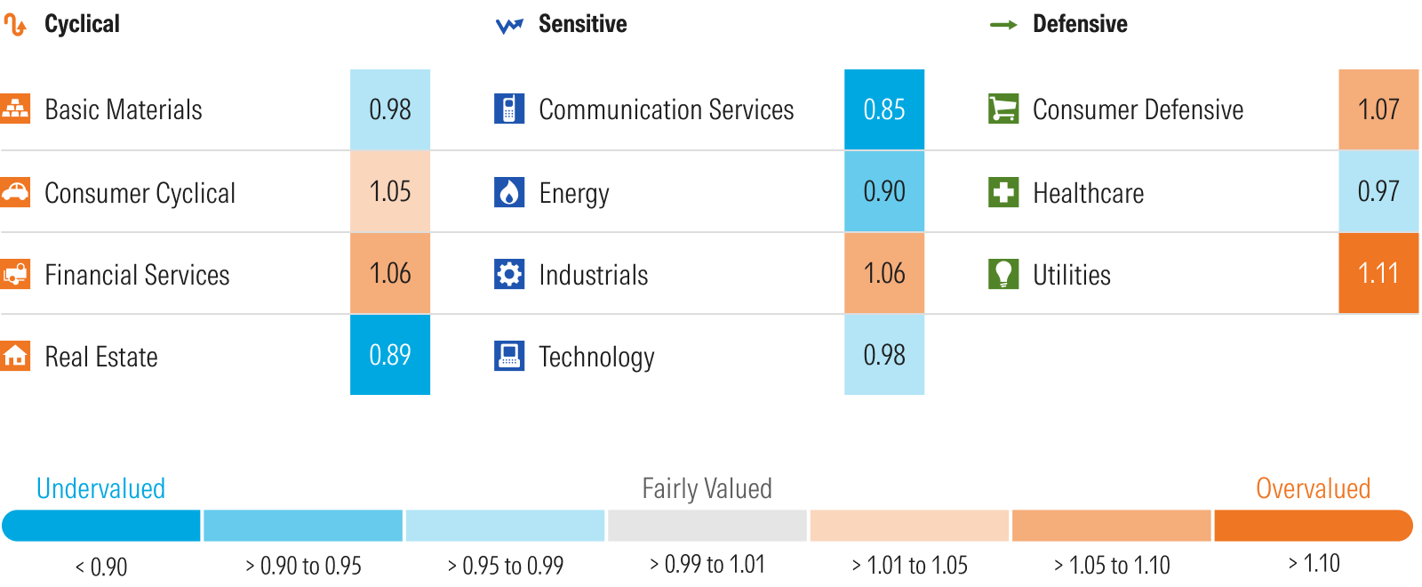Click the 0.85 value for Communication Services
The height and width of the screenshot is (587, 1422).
(883, 109)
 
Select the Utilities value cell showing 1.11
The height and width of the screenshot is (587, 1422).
(1378, 273)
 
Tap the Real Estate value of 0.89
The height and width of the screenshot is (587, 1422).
(389, 355)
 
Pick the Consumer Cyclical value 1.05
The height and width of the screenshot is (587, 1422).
(389, 191)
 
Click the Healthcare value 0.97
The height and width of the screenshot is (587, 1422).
(1378, 191)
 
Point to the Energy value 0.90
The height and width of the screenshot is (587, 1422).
(883, 191)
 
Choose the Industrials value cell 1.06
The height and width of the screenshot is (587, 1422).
(883, 273)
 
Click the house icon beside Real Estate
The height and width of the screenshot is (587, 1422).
(15, 356)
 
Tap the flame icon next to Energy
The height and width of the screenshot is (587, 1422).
(509, 192)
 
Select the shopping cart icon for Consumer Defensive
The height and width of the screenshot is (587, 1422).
(1003, 109)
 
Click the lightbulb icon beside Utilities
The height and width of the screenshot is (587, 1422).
(1003, 274)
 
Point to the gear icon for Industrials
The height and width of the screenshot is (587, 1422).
(509, 274)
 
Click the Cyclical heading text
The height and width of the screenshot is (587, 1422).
(82, 24)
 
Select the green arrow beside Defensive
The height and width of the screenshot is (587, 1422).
(1003, 25)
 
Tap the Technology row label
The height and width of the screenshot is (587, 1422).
(596, 357)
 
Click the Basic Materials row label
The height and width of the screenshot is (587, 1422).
(124, 109)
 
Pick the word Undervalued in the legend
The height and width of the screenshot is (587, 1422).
(100, 488)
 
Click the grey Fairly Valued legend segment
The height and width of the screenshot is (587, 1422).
(707, 526)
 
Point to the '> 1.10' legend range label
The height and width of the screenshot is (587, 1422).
(1314, 564)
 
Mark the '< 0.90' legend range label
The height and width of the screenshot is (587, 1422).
(101, 567)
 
